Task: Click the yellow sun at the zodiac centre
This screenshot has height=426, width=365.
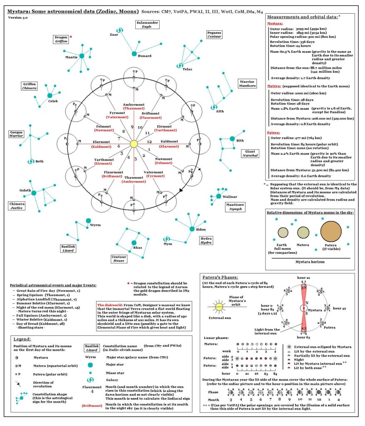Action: pyautogui.click(x=134, y=144)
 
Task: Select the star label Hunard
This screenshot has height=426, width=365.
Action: pyautogui.click(x=144, y=55)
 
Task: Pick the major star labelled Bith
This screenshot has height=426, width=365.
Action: pyautogui.click(x=232, y=139)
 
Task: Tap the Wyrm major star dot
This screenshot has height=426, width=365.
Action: pyautogui.click(x=88, y=220)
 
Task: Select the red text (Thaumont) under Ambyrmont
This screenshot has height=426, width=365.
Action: pyautogui.click(x=134, y=108)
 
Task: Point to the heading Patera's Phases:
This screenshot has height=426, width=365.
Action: pyautogui.click(x=220, y=277)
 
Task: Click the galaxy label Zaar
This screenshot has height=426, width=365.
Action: pyautogui.click(x=113, y=35)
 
